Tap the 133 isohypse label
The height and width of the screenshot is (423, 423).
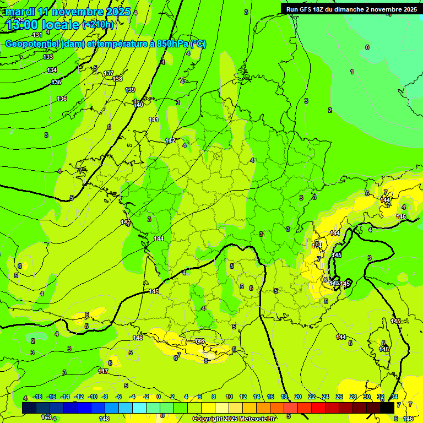coord(48,57)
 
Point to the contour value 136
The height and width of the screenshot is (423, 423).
coord(62,99)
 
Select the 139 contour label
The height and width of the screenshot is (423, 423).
coord(130,90)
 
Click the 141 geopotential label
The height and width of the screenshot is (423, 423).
coord(154,120)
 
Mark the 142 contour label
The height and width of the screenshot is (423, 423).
coord(171,140)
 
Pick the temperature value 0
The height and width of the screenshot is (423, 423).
coord(367,47)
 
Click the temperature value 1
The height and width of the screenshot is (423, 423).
coord(352,72)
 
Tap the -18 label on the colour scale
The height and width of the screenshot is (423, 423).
coord(37,397)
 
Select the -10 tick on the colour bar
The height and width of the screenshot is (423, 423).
coord(92,397)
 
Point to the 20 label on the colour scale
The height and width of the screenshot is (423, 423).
coord(297,397)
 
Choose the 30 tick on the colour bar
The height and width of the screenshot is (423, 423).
coord(367,397)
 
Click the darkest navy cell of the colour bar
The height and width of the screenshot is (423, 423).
coord(29,407)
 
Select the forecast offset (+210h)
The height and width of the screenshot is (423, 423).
coord(98,25)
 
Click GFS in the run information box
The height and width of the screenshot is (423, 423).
coord(308,9)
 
